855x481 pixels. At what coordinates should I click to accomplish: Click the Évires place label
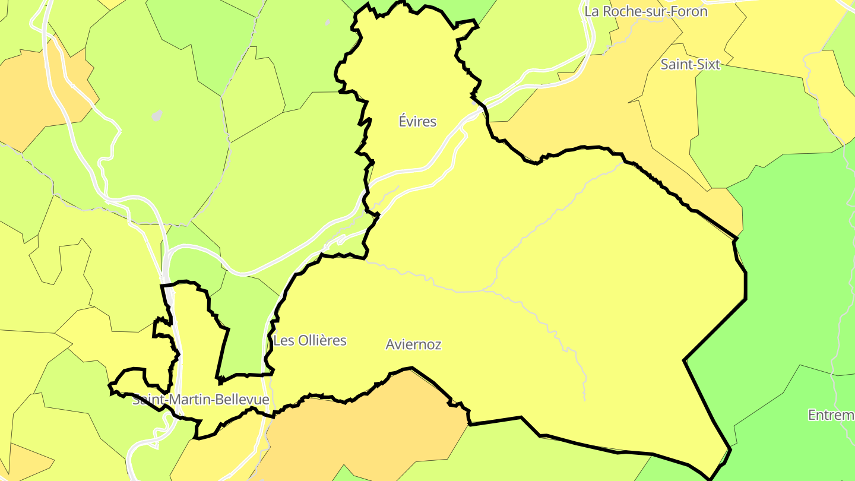[x=417, y=122]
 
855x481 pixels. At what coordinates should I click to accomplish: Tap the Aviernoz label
[x=413, y=344]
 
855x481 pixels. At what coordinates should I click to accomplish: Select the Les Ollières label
[x=309, y=341]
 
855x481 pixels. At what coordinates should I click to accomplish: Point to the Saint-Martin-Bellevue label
[x=201, y=400]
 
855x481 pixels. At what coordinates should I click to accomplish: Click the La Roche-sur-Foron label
[x=645, y=11]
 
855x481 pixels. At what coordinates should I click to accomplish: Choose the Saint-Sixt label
[x=690, y=65]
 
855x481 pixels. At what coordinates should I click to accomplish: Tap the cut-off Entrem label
[x=831, y=414]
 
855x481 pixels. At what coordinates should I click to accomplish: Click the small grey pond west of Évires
[x=157, y=115]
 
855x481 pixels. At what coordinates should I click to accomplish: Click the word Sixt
[x=708, y=65]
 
